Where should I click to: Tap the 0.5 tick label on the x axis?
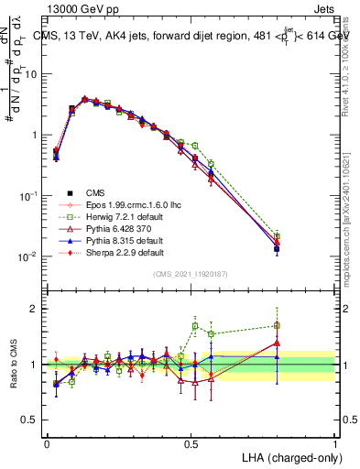(x=191, y=442)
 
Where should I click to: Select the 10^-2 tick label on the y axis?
(x=30, y=256)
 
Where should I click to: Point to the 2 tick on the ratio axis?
(x=34, y=309)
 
